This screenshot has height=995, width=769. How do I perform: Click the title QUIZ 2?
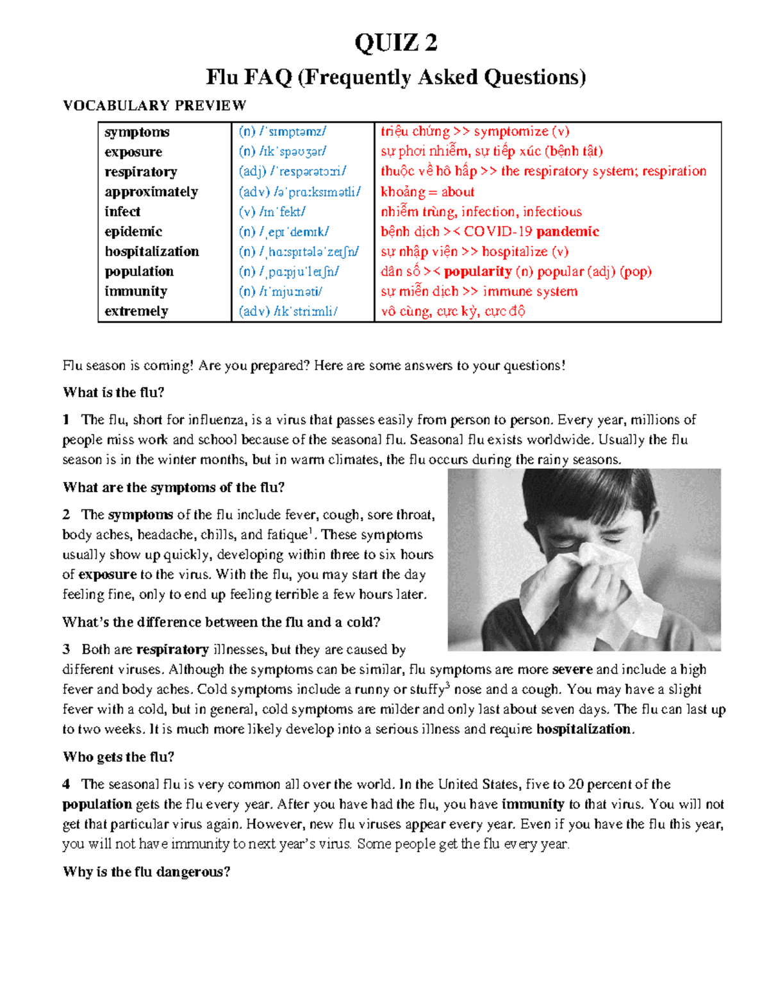395,43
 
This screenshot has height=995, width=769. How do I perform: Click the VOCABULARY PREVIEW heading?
154,106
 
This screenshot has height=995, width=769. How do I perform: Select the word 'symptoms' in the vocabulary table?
137,132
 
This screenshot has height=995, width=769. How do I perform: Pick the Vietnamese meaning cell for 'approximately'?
427,192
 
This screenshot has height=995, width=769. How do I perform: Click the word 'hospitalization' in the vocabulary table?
152,251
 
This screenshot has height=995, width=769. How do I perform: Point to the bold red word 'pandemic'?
567,231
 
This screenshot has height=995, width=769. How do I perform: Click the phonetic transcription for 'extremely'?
288,311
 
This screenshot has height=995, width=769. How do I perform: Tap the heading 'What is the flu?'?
113,392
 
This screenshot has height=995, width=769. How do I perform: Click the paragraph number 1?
66,420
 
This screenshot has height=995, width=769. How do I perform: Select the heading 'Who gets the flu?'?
119,757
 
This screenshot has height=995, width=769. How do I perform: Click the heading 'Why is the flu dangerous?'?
146,871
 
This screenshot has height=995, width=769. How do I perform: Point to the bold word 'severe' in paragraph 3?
572,670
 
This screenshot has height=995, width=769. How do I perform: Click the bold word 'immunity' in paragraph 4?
533,804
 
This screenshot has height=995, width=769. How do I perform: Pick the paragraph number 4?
66,784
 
